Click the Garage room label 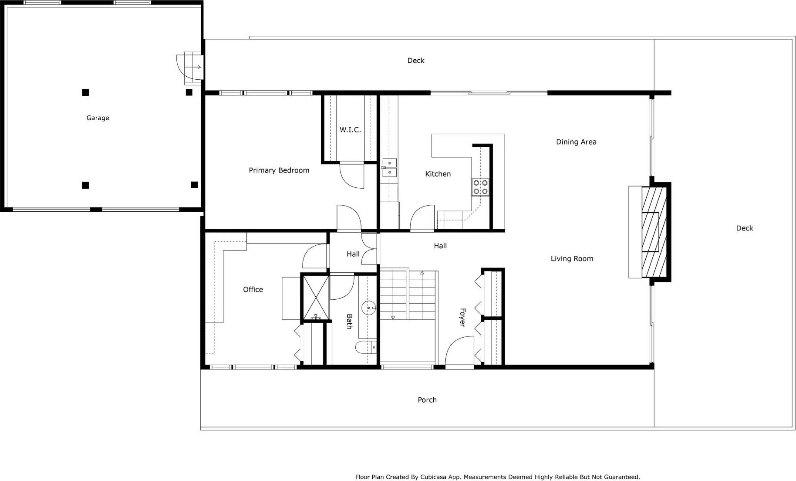coord(98,118)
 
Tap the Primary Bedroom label coord(279,170)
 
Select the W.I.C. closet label coord(350,130)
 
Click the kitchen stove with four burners coord(480,187)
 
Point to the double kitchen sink coord(389,168)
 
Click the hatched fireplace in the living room coord(654,232)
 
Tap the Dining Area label coord(576,142)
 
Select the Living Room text coord(571,259)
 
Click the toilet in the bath coord(365,347)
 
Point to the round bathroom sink coord(369,308)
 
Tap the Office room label coord(253,290)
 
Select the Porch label coord(427,400)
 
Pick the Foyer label coord(462,317)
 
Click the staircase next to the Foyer coord(408,295)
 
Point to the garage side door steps coord(192,68)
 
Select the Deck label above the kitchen coord(415,61)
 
